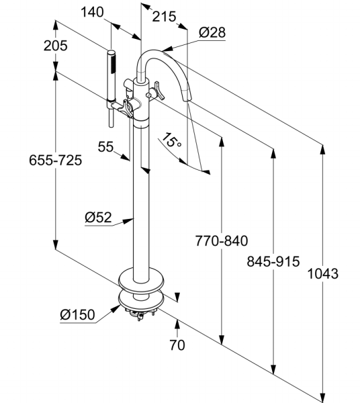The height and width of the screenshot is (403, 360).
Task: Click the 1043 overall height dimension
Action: click(x=323, y=273)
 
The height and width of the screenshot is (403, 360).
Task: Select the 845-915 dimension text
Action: click(x=273, y=261)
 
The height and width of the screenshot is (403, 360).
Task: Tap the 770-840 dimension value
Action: click(x=222, y=241)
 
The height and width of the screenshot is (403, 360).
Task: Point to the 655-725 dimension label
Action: click(x=56, y=160)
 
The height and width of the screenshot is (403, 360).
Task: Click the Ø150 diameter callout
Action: click(x=78, y=314)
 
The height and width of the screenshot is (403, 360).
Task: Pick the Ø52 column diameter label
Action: click(x=99, y=218)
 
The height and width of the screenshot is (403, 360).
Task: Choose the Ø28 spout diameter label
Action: click(x=212, y=33)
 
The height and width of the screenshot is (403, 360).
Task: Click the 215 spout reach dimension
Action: click(x=164, y=17)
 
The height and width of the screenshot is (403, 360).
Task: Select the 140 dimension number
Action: click(x=92, y=12)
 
